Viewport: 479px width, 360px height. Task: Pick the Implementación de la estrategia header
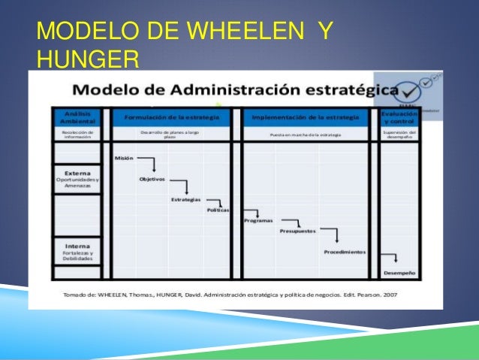[x=305, y=117]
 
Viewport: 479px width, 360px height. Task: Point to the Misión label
[x=124, y=158]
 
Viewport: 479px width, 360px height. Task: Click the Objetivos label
[x=152, y=179]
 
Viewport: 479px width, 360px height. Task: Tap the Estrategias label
[x=185, y=199]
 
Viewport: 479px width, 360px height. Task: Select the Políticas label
[x=218, y=210]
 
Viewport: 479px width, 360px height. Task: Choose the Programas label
[x=258, y=220]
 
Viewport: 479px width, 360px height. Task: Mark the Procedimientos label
[x=345, y=252]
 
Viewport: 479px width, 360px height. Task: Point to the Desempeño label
[x=399, y=272]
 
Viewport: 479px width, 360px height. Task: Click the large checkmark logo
[x=411, y=91]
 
